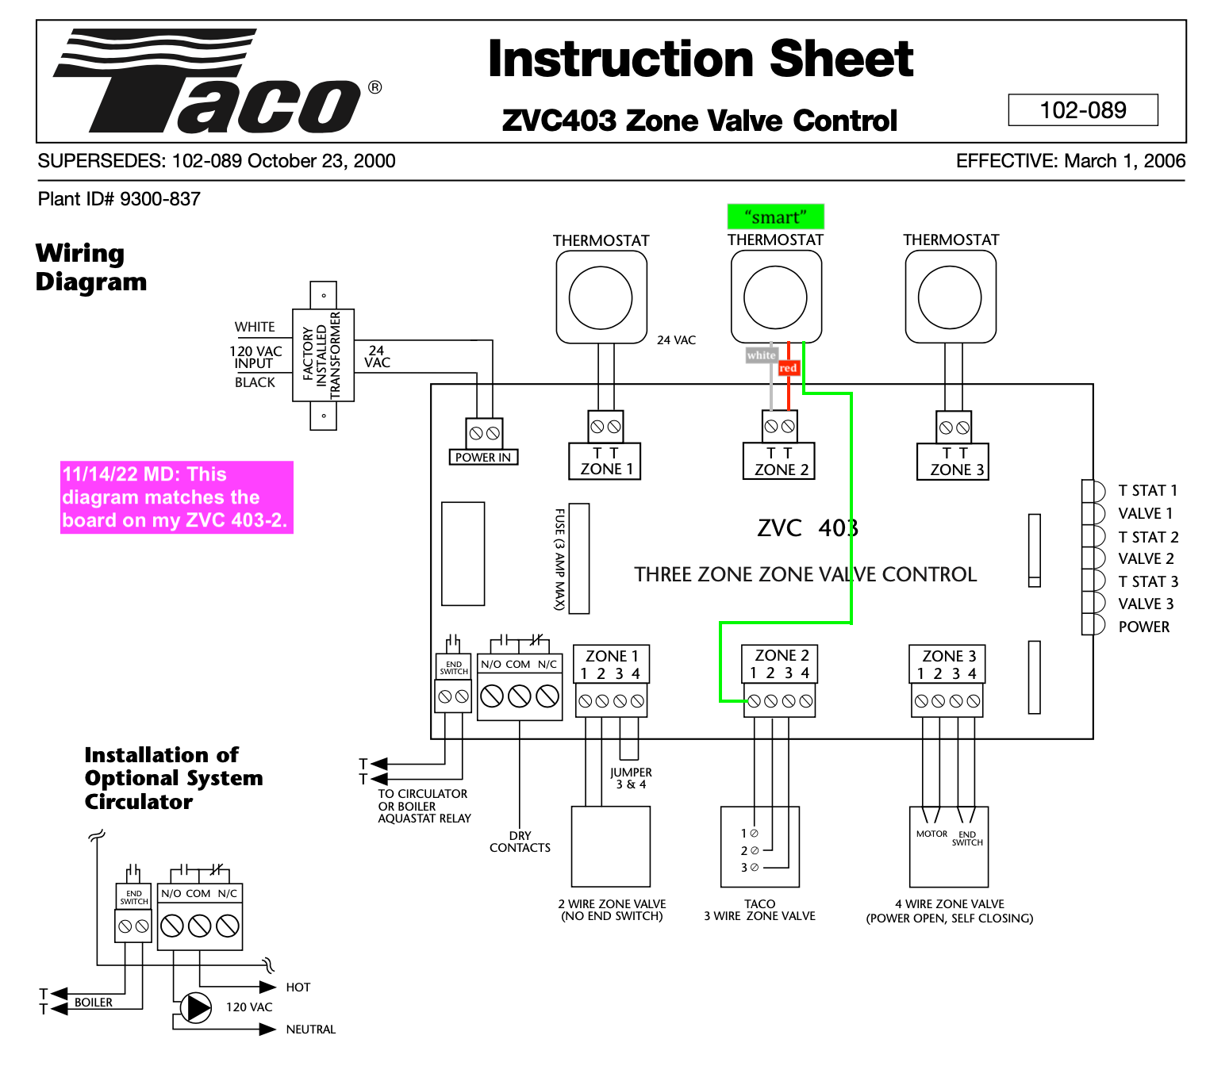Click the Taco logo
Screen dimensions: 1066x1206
click(210, 82)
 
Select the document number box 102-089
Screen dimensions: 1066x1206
click(1082, 110)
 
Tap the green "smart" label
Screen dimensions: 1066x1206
click(775, 217)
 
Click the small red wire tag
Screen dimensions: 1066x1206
click(788, 368)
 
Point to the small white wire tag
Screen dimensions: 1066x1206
click(760, 355)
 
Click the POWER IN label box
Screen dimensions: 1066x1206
click(482, 457)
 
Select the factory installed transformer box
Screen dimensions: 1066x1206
click(323, 355)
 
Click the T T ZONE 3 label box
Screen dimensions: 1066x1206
click(956, 462)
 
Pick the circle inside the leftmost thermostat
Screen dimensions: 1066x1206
click(601, 298)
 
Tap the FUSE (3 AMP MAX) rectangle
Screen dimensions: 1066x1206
click(579, 558)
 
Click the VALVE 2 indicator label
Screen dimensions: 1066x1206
click(1146, 558)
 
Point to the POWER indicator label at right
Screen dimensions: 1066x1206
click(1143, 627)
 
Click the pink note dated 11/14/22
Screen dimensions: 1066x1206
click(176, 497)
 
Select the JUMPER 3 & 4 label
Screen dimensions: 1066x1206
click(631, 778)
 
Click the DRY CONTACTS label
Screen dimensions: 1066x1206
click(520, 842)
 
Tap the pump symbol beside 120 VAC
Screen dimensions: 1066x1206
click(195, 1007)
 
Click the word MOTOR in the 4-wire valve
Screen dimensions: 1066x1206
click(931, 834)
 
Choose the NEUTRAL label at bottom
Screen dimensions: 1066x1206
click(310, 1030)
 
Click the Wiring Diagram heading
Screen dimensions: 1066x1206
click(90, 267)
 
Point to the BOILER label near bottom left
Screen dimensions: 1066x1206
click(94, 1003)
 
